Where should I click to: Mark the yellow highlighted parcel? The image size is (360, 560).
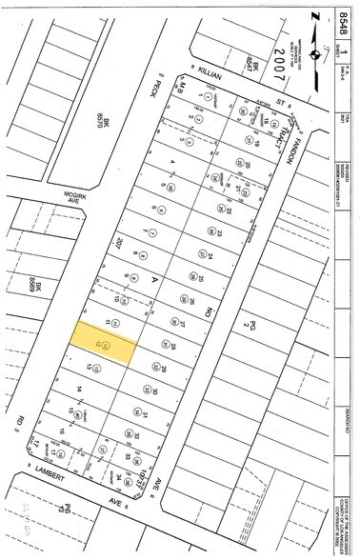pyautogui.click(x=103, y=340)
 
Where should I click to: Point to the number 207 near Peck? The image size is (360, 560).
pyautogui.click(x=119, y=240)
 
